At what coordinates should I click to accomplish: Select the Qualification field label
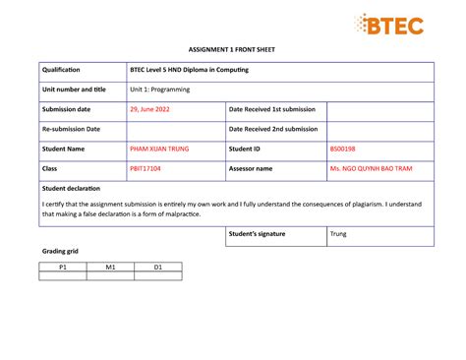pyautogui.click(x=60, y=70)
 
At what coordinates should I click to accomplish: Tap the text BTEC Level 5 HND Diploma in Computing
pyautogui.click(x=189, y=70)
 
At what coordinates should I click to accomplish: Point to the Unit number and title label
pyautogui.click(x=73, y=90)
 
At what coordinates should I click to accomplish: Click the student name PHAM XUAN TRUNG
pyautogui.click(x=159, y=149)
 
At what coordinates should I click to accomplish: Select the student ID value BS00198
pyautogui.click(x=344, y=149)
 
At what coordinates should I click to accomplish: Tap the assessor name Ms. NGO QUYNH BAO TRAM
pyautogui.click(x=371, y=168)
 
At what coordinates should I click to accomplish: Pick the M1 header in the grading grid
pyautogui.click(x=110, y=267)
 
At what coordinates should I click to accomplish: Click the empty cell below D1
pyautogui.click(x=157, y=276)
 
